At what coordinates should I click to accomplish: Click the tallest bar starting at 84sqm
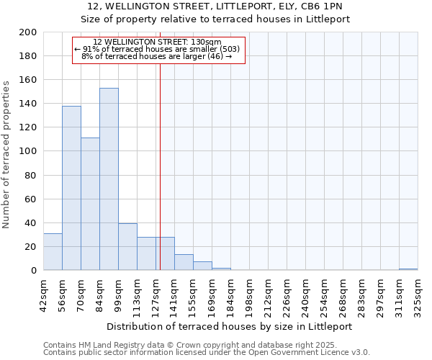(109, 179)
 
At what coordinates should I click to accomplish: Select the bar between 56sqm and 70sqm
(71, 188)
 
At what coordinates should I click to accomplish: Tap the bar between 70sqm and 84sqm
(90, 204)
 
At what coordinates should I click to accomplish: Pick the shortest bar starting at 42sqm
(53, 252)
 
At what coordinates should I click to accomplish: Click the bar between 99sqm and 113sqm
(127, 247)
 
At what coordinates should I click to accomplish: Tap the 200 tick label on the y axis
(28, 32)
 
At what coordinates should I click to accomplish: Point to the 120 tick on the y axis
(28, 127)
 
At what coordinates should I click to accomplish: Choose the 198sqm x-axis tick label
(249, 296)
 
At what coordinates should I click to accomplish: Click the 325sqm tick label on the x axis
(418, 296)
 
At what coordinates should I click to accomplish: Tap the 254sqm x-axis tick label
(324, 296)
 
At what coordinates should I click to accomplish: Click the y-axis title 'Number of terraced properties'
(7, 154)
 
